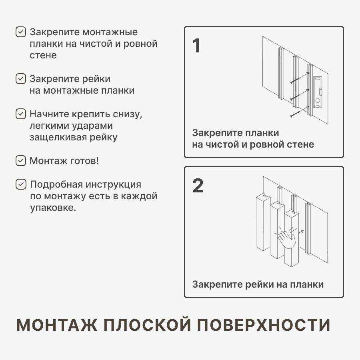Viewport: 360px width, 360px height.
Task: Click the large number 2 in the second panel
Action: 198,186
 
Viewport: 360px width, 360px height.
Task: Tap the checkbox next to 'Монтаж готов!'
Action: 20,161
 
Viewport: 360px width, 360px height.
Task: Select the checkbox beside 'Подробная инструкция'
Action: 20,184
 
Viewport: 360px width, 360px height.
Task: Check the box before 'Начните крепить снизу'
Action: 20,114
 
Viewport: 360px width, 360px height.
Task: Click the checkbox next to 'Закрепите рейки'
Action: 20,78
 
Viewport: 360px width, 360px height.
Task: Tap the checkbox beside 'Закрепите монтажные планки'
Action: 20,32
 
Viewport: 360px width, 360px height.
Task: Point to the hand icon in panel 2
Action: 287,238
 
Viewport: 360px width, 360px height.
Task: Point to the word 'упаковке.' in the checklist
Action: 53,208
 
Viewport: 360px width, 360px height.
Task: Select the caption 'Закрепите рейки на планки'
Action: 258,284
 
